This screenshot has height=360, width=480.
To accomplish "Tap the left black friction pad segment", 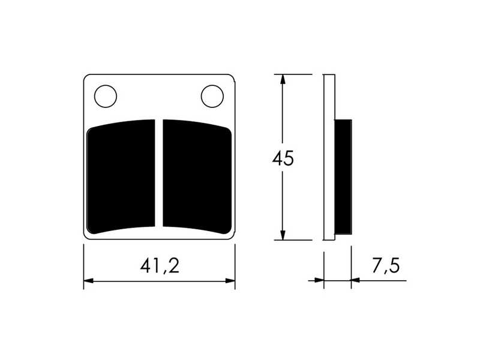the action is coord(121,176).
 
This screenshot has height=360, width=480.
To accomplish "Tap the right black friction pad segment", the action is coord(197,176).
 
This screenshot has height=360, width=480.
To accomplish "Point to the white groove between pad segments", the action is coord(159,173).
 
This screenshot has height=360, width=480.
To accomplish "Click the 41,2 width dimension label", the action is coord(160,265).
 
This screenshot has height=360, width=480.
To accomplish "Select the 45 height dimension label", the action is coord(283,158).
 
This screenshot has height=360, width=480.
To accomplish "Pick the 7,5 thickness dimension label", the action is coord(386,265).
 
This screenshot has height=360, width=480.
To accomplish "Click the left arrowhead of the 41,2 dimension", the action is coord(88,280).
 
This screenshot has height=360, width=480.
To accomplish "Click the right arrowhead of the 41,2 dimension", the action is coord(230,280).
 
